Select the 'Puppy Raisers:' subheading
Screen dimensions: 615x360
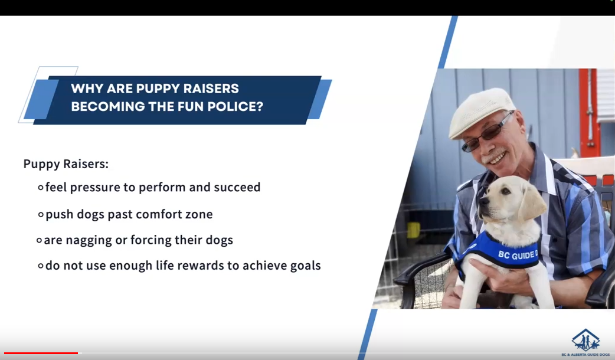(x=66, y=164)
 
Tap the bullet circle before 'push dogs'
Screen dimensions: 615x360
(x=41, y=214)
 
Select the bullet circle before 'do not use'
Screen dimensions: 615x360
(x=41, y=266)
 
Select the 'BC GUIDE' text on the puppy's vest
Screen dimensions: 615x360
(x=518, y=256)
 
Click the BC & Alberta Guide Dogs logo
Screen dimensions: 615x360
(x=585, y=342)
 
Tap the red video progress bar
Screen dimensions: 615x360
(x=41, y=354)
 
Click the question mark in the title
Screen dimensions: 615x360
(x=259, y=106)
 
